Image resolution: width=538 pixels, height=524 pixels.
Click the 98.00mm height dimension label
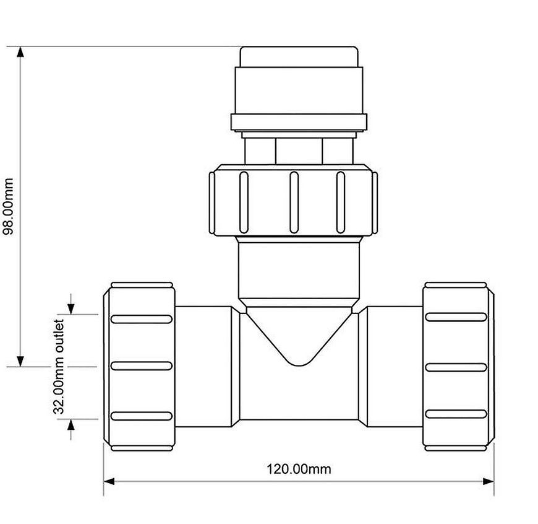pyautogui.click(x=7, y=206)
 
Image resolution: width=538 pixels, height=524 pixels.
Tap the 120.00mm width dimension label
pyautogui.click(x=299, y=469)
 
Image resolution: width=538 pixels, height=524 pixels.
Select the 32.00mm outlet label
pyautogui.click(x=59, y=367)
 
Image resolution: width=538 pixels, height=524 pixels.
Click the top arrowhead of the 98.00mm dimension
pyautogui.click(x=20, y=51)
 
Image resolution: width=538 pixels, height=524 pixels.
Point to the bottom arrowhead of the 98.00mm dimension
pyautogui.click(x=20, y=362)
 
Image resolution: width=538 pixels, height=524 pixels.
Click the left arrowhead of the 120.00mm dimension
pyautogui.click(x=109, y=481)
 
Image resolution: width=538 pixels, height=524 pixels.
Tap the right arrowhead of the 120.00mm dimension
pyautogui.click(x=489, y=481)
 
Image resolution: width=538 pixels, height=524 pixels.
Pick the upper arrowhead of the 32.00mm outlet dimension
pyautogui.click(x=70, y=309)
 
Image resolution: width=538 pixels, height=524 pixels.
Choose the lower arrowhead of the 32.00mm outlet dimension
pyautogui.click(x=70, y=425)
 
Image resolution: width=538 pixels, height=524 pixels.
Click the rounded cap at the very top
pyautogui.click(x=299, y=57)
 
